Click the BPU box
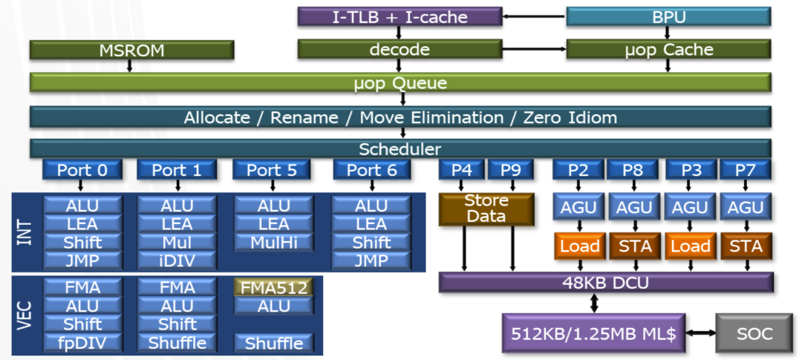[668, 16]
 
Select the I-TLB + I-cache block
[400, 16]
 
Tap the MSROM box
[131, 50]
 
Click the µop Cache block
[668, 50]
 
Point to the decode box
[400, 50]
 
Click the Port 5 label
[271, 170]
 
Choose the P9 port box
[510, 170]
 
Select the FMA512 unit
[273, 288]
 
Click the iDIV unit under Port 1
[177, 261]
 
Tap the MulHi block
[273, 243]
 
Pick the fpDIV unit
[82, 343]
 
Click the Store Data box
[486, 209]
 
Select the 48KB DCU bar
[606, 282]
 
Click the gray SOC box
[754, 333]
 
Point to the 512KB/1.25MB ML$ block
[593, 333]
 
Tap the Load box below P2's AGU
[579, 246]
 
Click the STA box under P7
[746, 246]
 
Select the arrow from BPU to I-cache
[534, 16]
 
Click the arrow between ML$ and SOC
[700, 333]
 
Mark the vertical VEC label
[25, 315]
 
